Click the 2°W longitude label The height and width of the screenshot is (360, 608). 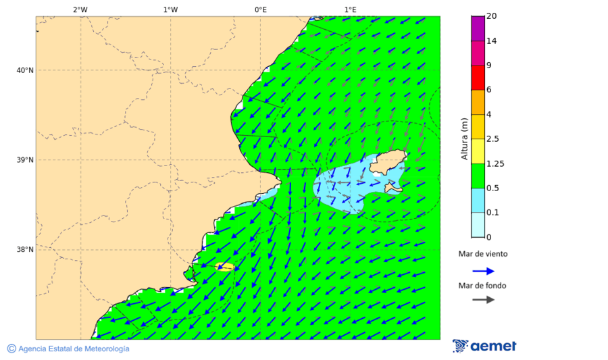coord(80,9)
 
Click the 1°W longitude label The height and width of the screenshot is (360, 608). coord(170,9)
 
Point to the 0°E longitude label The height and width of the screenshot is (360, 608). coord(260,9)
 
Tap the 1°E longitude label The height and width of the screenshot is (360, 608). coord(350,9)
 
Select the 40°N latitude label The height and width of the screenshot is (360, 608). coord(25,70)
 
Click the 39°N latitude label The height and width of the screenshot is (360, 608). coord(25,160)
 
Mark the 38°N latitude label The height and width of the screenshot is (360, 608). coord(25,250)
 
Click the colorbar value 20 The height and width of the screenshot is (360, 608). coord(492,16)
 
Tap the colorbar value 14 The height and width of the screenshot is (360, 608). coord(492,41)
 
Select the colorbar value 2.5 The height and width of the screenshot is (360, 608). coord(493,139)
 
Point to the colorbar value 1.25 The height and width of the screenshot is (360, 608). coord(495,163)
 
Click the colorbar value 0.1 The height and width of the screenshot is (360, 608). coord(493,213)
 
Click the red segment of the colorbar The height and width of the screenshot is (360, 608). coord(478,78)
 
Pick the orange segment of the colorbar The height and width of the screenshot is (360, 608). coord(478,102)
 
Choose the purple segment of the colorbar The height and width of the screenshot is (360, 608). coord(478,28)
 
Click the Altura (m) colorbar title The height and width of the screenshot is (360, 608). coord(464,138)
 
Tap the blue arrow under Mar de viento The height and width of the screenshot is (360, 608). coord(483,271)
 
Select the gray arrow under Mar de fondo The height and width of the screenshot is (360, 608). coord(483,299)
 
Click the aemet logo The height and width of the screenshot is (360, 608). coord(484,346)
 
